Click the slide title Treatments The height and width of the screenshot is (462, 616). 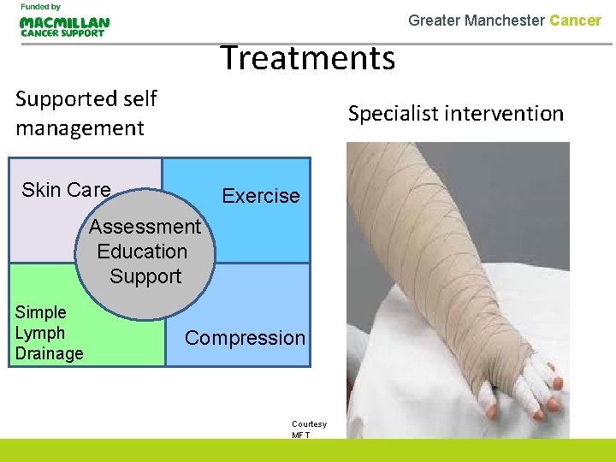click(x=308, y=58)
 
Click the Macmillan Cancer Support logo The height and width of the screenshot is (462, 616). click(x=64, y=27)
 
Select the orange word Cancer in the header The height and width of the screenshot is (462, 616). click(x=575, y=20)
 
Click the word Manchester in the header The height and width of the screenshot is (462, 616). click(x=503, y=20)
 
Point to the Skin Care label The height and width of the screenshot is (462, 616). click(x=66, y=190)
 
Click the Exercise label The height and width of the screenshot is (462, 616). click(x=261, y=196)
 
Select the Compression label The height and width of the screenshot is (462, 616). click(x=245, y=338)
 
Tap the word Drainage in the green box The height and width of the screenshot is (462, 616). click(x=49, y=353)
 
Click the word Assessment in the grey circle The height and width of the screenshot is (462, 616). click(x=145, y=227)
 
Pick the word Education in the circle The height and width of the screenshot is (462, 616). click(x=142, y=252)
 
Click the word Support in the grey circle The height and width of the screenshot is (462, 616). click(x=145, y=276)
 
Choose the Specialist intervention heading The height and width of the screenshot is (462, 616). click(x=455, y=114)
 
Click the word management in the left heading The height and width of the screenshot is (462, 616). click(x=80, y=128)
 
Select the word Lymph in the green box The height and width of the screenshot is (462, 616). click(x=40, y=333)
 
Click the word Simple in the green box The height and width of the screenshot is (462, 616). click(x=40, y=312)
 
